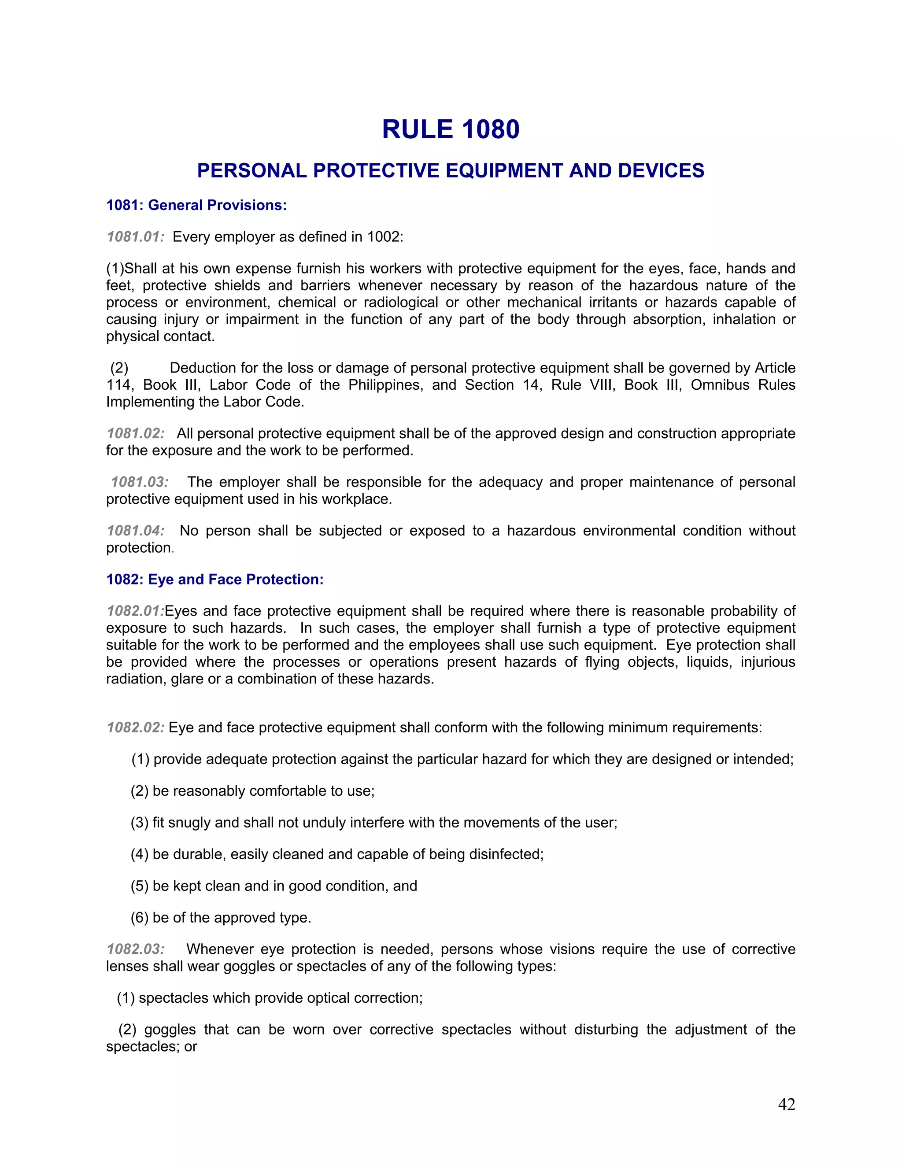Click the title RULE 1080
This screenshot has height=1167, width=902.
pyautogui.click(x=451, y=130)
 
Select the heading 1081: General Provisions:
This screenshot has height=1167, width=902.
pyautogui.click(x=196, y=205)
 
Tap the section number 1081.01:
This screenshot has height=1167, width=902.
pyautogui.click(x=135, y=237)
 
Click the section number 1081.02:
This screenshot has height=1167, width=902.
pyautogui.click(x=135, y=433)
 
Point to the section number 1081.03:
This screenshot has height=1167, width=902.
pyautogui.click(x=140, y=482)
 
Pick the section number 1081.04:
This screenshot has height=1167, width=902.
pyautogui.click(x=135, y=531)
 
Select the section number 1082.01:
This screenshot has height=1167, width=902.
pyautogui.click(x=135, y=611)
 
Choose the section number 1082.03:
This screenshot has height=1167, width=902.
pyautogui.click(x=135, y=949)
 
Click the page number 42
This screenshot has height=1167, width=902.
pyautogui.click(x=786, y=1104)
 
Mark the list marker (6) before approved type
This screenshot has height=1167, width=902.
pyautogui.click(x=140, y=917)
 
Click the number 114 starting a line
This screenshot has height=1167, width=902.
pyautogui.click(x=118, y=385)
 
